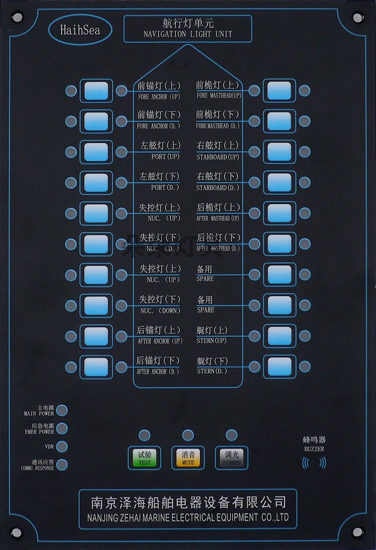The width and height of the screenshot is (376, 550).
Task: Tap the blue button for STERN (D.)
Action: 279,367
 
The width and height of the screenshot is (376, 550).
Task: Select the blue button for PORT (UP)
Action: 96,152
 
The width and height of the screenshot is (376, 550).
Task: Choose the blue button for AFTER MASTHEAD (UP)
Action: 279,213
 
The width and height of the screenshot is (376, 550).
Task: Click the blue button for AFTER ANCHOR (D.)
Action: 96,367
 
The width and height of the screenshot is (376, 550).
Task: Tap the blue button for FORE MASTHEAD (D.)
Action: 279,121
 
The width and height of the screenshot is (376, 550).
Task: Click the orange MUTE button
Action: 187,458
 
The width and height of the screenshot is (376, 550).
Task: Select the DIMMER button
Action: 231,458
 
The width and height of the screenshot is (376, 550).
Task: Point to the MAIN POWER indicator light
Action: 62,410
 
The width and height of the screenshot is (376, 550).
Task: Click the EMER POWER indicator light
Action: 62,428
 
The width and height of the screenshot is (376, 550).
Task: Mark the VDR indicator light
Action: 62,446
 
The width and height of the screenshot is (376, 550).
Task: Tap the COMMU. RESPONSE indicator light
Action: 62,464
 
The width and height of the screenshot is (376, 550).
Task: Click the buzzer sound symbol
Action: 314,463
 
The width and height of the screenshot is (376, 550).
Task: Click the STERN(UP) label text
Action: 213,340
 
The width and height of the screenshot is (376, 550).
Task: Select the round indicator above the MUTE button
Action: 187,435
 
